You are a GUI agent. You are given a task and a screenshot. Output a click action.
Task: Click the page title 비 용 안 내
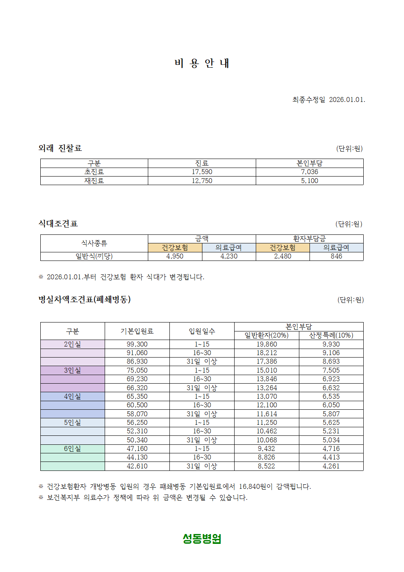202,63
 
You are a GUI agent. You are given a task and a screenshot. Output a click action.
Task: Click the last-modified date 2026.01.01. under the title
347,100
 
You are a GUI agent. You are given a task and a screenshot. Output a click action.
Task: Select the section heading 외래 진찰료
60,148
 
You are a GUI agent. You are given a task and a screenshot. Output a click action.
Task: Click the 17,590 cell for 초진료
202,172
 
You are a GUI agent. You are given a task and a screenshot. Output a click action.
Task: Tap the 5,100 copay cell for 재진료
310,181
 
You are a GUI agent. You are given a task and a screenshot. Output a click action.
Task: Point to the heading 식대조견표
58,223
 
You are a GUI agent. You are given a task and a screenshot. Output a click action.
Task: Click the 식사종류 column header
94,243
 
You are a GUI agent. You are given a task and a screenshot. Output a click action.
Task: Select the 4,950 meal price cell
175,256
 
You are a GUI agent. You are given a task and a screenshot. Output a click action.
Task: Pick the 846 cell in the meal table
336,256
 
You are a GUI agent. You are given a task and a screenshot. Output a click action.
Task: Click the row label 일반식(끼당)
94,256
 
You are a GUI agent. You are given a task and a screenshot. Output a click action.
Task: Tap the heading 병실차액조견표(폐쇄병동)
85,299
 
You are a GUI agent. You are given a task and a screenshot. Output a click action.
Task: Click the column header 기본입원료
137,331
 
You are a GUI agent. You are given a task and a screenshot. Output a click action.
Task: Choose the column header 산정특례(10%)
331,336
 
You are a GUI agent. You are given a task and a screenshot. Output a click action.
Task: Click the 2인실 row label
72,344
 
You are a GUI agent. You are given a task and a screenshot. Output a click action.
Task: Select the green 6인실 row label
72,448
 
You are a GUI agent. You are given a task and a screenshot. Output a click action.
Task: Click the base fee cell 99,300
137,344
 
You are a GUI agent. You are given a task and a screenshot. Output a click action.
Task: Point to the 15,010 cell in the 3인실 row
267,370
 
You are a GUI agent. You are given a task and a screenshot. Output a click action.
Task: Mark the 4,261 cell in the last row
331,466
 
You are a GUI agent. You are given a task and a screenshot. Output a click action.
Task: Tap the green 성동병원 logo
202,539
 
